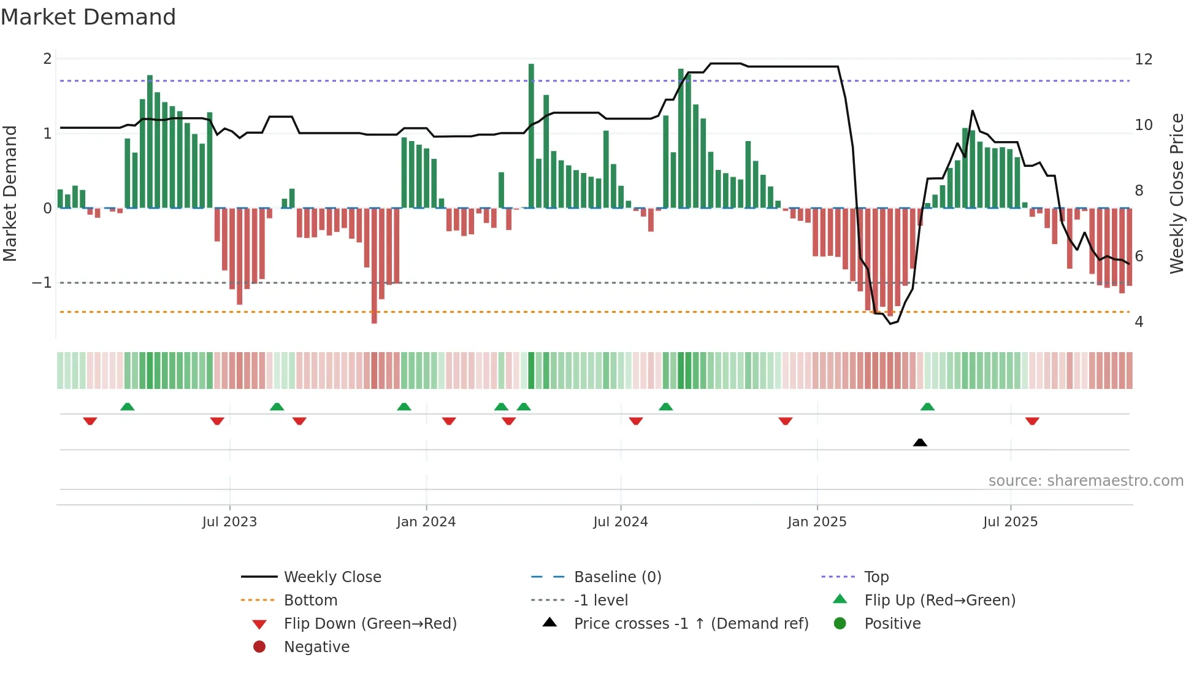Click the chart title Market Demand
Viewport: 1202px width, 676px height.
click(x=88, y=17)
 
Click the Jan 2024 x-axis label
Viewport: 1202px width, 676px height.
click(x=426, y=522)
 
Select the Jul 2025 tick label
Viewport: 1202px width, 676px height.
click(x=1010, y=522)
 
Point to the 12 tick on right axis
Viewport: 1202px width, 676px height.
click(x=1143, y=60)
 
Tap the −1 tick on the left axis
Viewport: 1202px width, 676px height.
click(x=42, y=283)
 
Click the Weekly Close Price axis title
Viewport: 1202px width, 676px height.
click(x=1176, y=193)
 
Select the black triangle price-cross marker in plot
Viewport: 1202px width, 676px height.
click(x=920, y=442)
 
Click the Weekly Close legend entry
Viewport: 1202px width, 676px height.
click(x=332, y=577)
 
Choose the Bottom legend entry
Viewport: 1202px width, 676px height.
click(x=310, y=601)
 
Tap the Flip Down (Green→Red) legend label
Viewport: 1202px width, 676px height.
click(x=370, y=624)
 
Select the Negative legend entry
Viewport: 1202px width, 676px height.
click(x=316, y=647)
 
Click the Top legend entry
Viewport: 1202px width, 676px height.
click(x=876, y=577)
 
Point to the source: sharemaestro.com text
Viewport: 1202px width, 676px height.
click(x=1085, y=481)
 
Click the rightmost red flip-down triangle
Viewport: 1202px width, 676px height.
click(x=1032, y=421)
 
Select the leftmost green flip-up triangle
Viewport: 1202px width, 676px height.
click(x=127, y=407)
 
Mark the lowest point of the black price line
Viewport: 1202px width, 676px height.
click(x=891, y=323)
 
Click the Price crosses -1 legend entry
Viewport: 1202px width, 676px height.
click(x=691, y=624)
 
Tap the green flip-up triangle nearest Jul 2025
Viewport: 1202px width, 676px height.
click(x=927, y=407)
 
